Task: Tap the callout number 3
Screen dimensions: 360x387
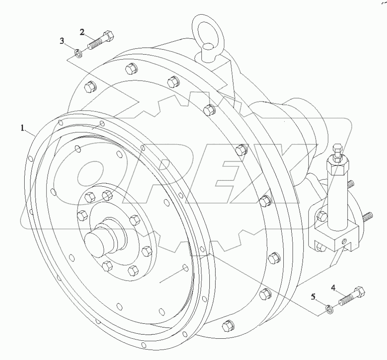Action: (x=62, y=41)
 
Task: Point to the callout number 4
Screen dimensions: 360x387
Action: (x=334, y=287)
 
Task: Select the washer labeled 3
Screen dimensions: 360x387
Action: (x=78, y=53)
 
